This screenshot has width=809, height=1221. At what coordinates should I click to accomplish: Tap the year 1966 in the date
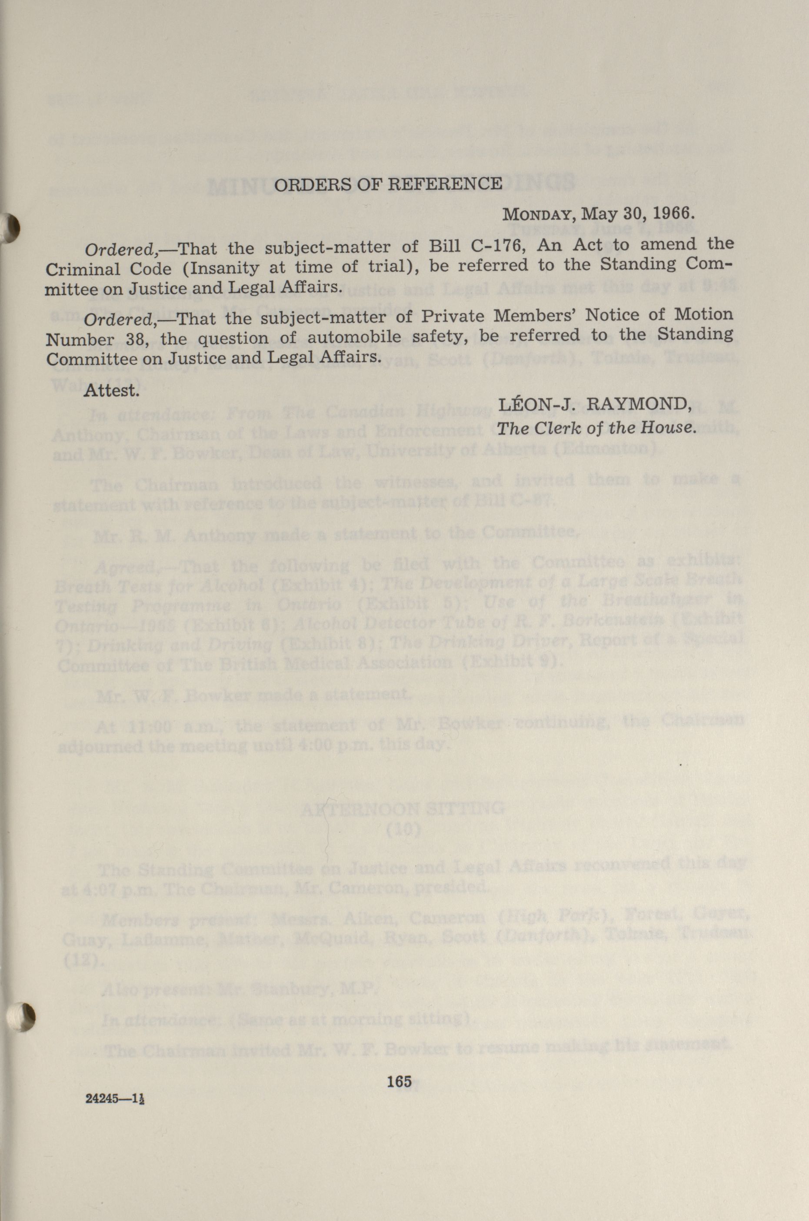[x=671, y=213]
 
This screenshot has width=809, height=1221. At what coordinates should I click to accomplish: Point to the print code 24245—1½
[x=114, y=1098]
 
